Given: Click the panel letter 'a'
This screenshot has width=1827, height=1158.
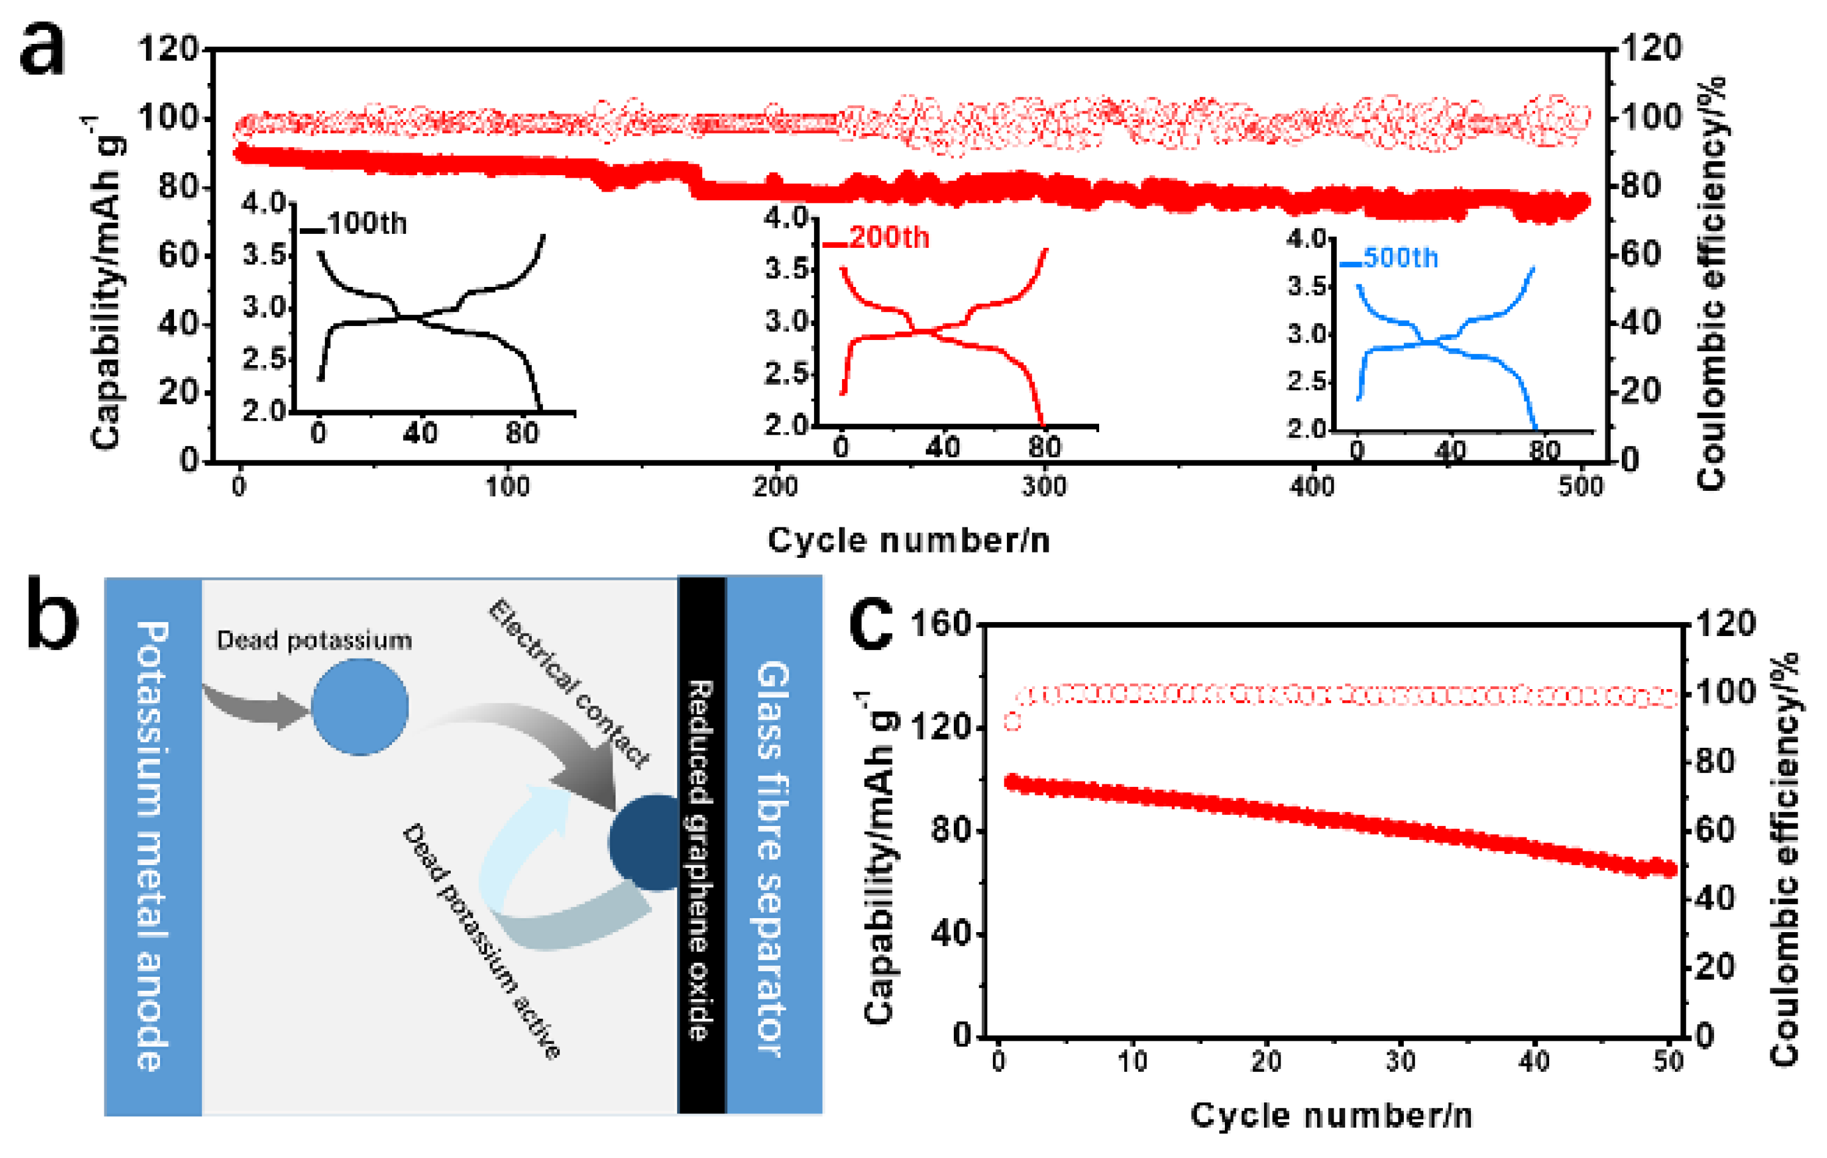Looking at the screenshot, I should [x=43, y=50].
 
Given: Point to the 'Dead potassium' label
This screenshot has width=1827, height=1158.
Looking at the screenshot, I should [x=314, y=641].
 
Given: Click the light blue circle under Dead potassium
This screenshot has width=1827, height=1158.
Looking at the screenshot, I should [x=360, y=707].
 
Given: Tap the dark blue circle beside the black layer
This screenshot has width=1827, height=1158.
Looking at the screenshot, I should [x=645, y=842].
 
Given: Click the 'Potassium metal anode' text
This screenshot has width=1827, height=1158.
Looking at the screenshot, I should [x=153, y=845].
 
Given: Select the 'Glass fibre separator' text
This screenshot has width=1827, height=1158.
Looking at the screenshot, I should [x=774, y=857].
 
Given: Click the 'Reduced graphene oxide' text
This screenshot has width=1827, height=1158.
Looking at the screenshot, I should [x=700, y=860].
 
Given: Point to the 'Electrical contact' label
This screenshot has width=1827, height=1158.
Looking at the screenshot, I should [x=568, y=683].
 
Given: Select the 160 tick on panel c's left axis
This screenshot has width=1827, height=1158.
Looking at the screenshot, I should [x=941, y=624].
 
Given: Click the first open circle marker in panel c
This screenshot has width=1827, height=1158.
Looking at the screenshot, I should [x=1013, y=722].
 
